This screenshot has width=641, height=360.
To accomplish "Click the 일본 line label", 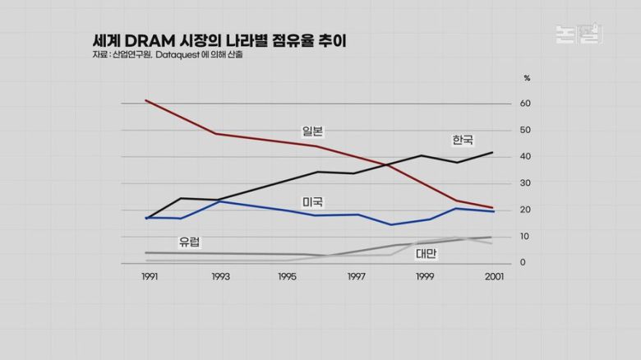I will click(x=312, y=130).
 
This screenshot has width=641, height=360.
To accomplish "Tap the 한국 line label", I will click(x=463, y=140).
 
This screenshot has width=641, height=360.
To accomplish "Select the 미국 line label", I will click(x=312, y=202).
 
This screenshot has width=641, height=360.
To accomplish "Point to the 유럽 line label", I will click(x=189, y=242).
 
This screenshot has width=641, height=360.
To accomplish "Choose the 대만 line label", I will click(x=426, y=253).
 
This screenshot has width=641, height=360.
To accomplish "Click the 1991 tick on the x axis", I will click(x=150, y=278).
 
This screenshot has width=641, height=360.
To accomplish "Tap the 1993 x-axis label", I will click(x=219, y=278).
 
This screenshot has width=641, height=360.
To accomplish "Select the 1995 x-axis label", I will click(x=287, y=278).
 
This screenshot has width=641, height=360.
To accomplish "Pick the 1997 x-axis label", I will click(x=356, y=278).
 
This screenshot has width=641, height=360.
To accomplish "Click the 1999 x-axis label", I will click(x=424, y=278).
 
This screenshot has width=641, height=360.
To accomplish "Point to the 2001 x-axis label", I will click(x=494, y=278).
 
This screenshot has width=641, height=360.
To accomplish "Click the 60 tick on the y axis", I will click(x=525, y=104).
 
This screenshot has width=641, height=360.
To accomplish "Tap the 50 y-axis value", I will click(x=525, y=130).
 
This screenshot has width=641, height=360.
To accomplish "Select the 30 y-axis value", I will click(x=525, y=183).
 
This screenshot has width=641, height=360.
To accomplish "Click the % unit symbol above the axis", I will click(x=527, y=78).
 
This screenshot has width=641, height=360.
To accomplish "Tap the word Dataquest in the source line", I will click(x=175, y=55).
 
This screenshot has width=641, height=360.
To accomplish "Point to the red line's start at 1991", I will click(x=146, y=100).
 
